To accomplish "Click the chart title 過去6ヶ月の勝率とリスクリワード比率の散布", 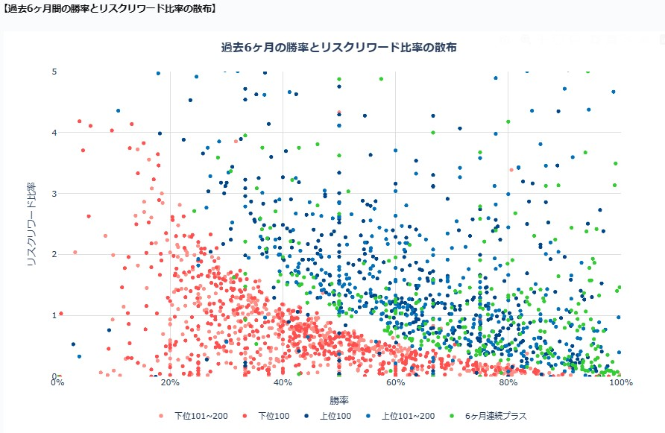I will point(339,47).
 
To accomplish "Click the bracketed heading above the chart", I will point(110,9).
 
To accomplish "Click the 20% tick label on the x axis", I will point(170,383).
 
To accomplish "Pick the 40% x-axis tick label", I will point(283,383).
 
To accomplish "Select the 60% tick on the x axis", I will point(395,383).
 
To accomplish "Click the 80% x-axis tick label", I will point(508,383).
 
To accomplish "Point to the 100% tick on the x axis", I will point(620,383).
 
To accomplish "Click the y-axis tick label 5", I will point(54,72).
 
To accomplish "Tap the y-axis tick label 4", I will point(54,133).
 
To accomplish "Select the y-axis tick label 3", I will point(54,194).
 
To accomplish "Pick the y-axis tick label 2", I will point(54,254).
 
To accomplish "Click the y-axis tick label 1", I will point(54,315).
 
